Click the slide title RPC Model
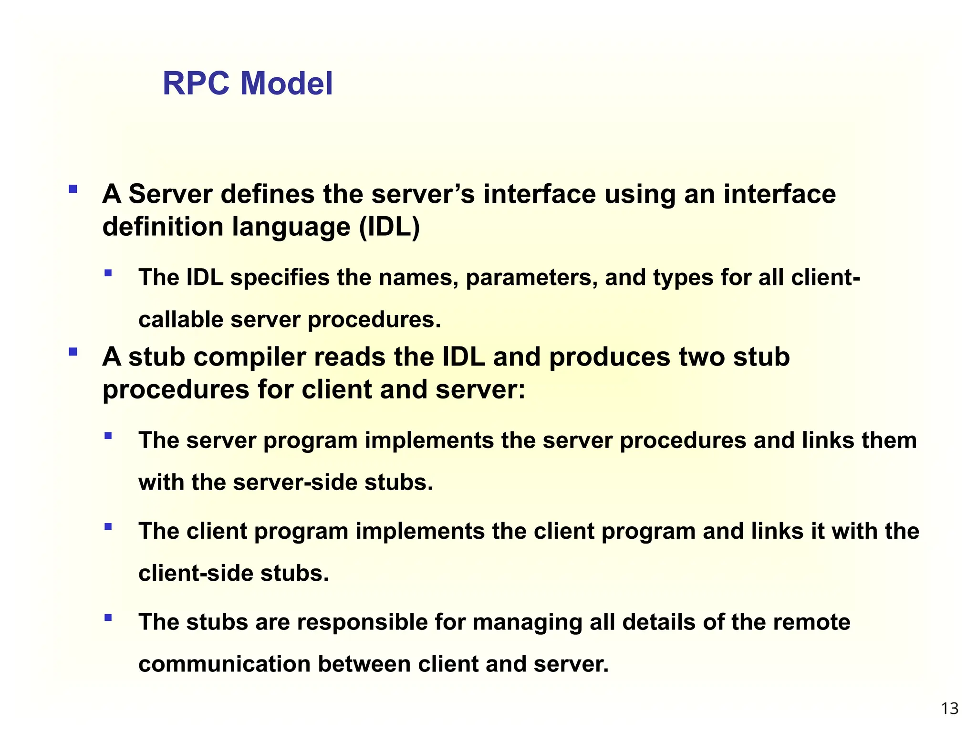pyautogui.click(x=248, y=84)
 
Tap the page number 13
pyautogui.click(x=949, y=709)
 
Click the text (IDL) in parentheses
pyautogui.click(x=389, y=226)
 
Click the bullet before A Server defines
pyautogui.click(x=73, y=189)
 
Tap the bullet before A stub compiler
pyautogui.click(x=73, y=352)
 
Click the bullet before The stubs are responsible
pyautogui.click(x=108, y=618)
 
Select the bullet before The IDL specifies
pyautogui.click(x=108, y=273)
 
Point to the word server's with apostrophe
pyautogui.click(x=423, y=195)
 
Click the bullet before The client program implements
pyautogui.click(x=108, y=527)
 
